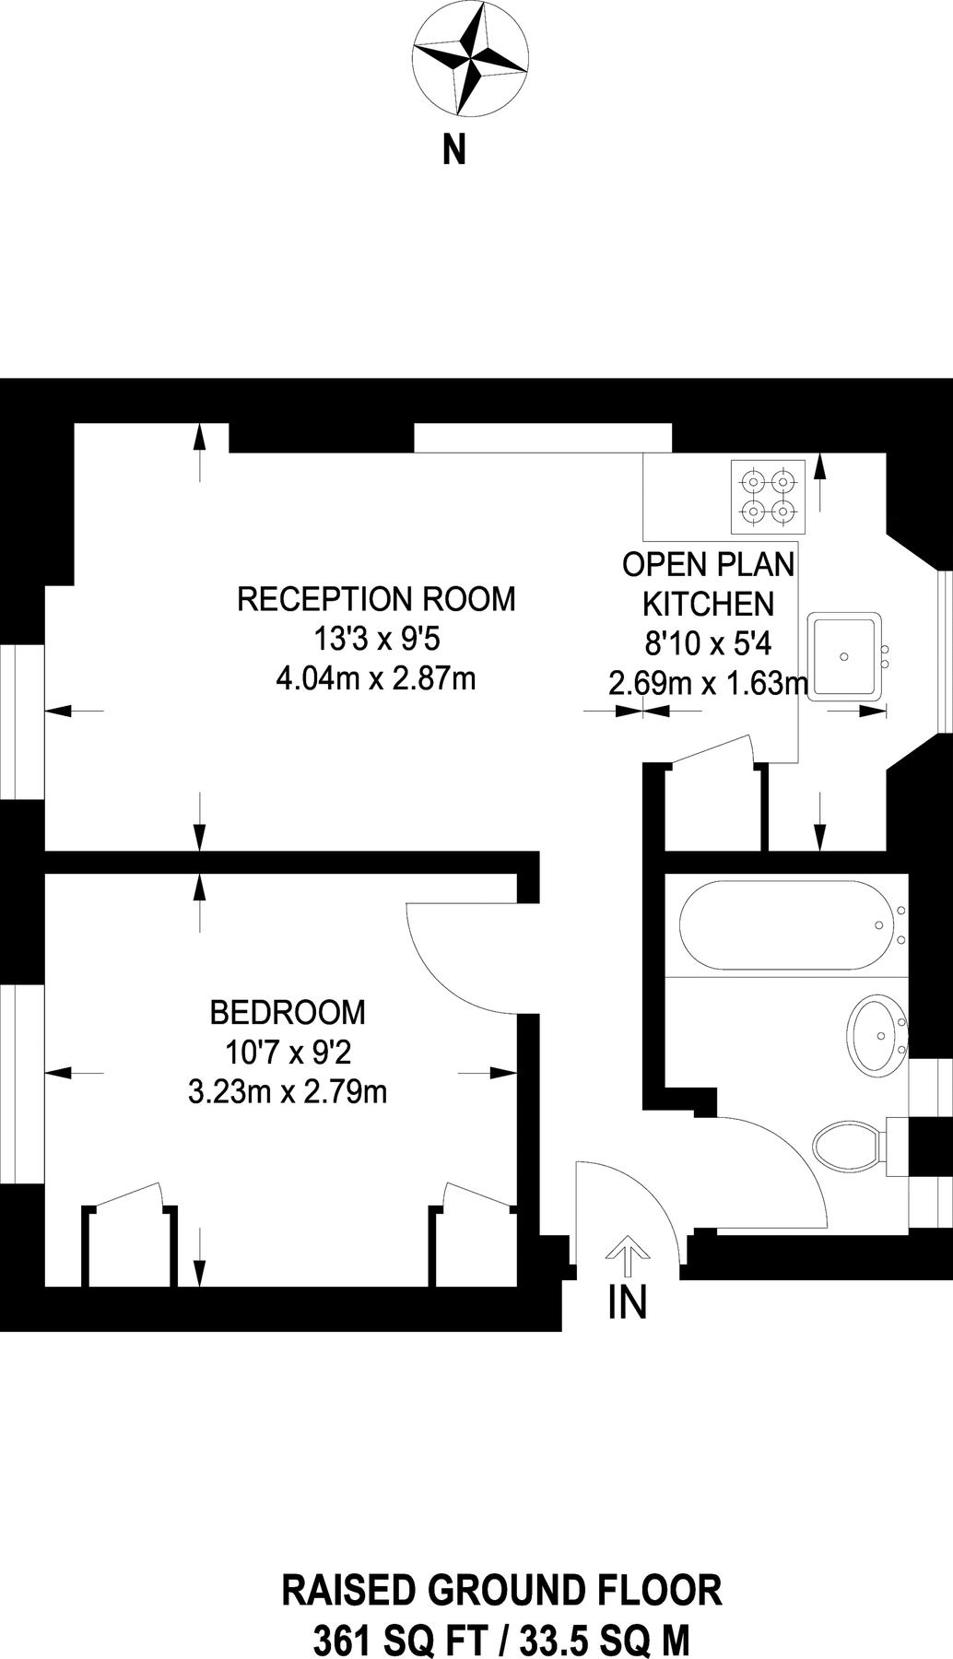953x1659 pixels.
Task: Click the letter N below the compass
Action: (454, 149)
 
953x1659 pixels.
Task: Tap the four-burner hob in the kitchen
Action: (769, 496)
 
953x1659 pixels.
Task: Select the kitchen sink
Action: (844, 656)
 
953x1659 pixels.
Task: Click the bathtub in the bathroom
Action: (781, 924)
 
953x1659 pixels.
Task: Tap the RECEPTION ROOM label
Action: (376, 599)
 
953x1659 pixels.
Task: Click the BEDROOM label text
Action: (288, 1012)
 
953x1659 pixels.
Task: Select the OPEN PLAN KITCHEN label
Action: (708, 583)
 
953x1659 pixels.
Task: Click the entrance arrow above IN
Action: (628, 1255)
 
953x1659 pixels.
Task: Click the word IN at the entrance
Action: (628, 1302)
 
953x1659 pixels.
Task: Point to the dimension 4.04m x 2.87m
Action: (376, 679)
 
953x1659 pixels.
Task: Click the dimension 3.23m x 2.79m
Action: (288, 1092)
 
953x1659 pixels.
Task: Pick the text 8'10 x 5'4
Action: (708, 643)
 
